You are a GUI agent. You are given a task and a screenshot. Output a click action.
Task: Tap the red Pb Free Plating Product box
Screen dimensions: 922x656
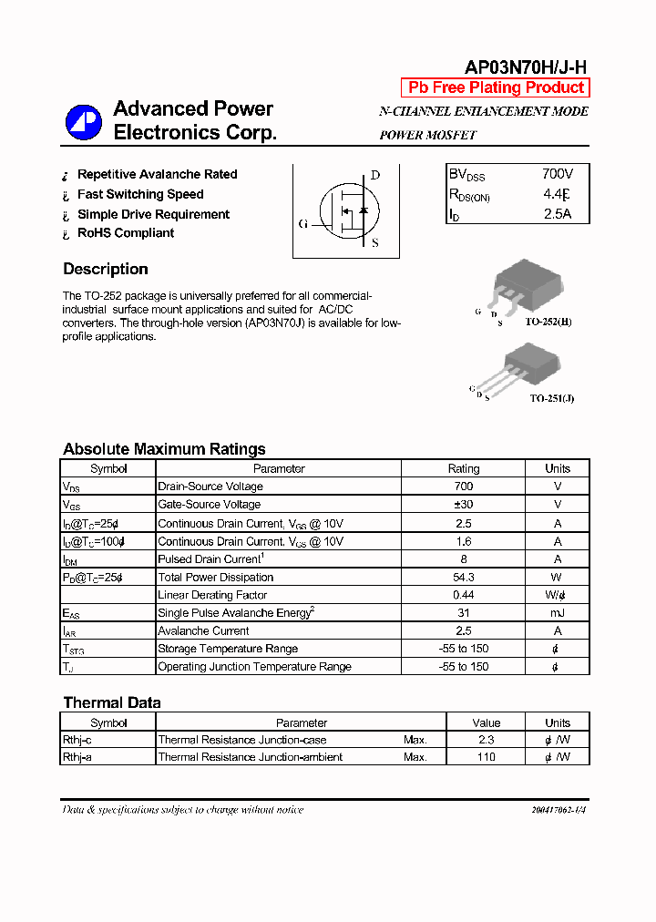tap(496, 87)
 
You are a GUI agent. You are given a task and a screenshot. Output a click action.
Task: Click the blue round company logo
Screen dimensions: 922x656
tap(83, 122)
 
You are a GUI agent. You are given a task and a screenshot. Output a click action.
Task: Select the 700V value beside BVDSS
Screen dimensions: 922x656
tap(558, 173)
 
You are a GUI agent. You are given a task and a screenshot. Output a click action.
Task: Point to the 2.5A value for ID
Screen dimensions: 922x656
tap(558, 214)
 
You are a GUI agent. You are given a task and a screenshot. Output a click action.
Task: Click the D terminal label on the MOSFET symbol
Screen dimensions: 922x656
tap(374, 176)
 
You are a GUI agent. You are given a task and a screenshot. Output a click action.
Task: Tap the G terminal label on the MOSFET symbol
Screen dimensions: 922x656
tap(302, 223)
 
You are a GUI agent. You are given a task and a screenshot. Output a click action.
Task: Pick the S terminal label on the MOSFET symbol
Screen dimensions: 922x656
tap(374, 242)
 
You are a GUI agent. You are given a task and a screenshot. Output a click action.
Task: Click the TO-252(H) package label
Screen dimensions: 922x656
tap(548, 323)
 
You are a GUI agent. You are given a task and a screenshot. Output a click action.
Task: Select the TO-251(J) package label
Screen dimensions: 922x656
tap(552, 398)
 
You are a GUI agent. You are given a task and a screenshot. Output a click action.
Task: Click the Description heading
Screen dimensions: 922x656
tap(106, 269)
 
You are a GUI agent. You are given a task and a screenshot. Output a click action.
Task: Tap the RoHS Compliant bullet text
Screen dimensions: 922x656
tap(126, 233)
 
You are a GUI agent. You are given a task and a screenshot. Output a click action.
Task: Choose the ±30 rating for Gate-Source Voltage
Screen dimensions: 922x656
tap(463, 505)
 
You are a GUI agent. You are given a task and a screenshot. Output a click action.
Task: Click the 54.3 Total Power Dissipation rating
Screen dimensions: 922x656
tap(463, 577)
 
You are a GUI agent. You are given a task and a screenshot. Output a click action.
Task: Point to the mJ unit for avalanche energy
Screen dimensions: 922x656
tap(557, 613)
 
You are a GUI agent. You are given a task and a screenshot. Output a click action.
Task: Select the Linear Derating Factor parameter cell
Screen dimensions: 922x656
tap(212, 595)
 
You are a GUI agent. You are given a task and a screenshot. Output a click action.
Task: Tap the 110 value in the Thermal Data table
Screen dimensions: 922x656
tap(487, 757)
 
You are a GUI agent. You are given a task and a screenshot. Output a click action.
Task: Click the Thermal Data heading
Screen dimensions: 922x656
tap(112, 702)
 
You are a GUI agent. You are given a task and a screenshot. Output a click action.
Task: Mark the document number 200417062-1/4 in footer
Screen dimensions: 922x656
tap(559, 810)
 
